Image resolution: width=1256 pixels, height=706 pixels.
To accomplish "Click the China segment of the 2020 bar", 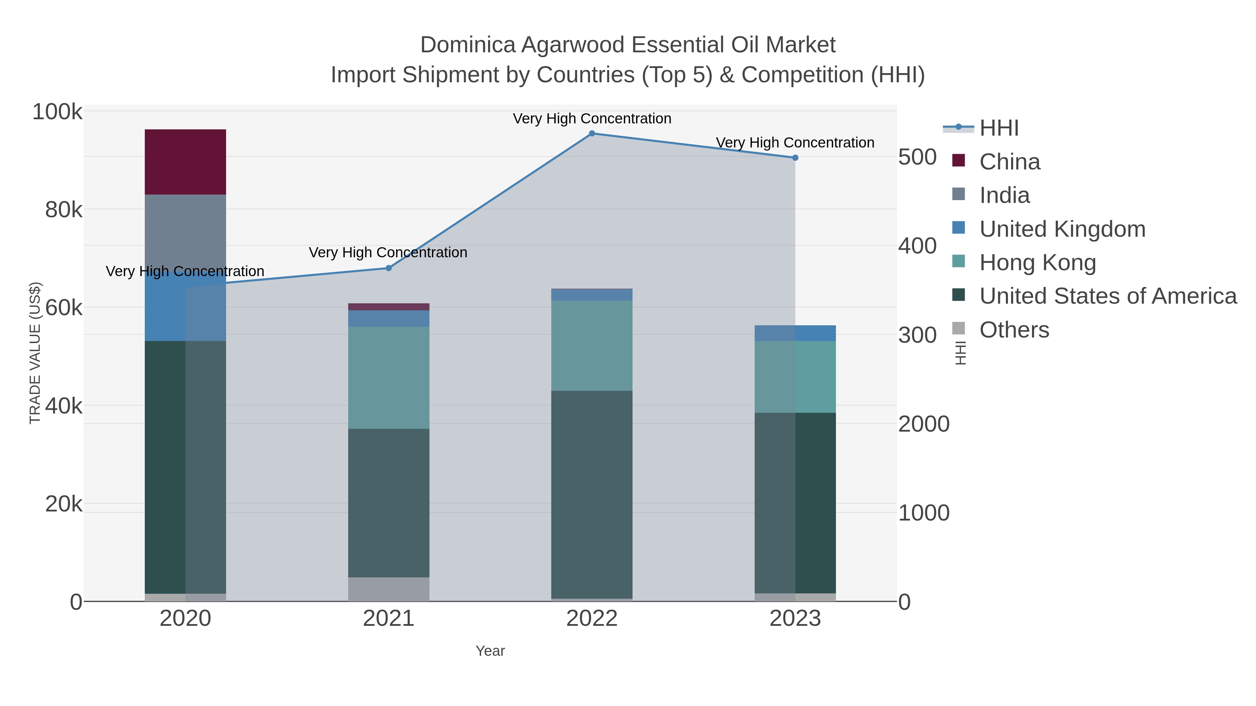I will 185,162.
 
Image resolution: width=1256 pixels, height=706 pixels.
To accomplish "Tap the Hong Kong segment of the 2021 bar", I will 389,378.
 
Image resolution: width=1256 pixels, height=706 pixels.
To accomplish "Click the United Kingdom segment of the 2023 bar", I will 795,333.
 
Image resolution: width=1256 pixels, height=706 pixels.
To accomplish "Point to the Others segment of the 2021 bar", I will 389,589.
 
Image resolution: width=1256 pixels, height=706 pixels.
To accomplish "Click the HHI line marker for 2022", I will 592,134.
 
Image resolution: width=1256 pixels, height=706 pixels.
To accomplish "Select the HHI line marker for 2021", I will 389,268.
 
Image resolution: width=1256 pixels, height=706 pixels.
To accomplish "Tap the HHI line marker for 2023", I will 795,158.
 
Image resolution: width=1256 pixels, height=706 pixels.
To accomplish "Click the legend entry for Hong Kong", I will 1038,263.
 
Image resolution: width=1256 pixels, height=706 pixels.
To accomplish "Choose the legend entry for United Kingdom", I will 1062,229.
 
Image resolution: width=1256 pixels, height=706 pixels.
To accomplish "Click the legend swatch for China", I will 959,160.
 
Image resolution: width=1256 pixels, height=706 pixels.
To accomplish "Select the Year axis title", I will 490,651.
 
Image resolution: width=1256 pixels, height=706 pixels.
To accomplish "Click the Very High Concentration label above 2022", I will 592,119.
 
